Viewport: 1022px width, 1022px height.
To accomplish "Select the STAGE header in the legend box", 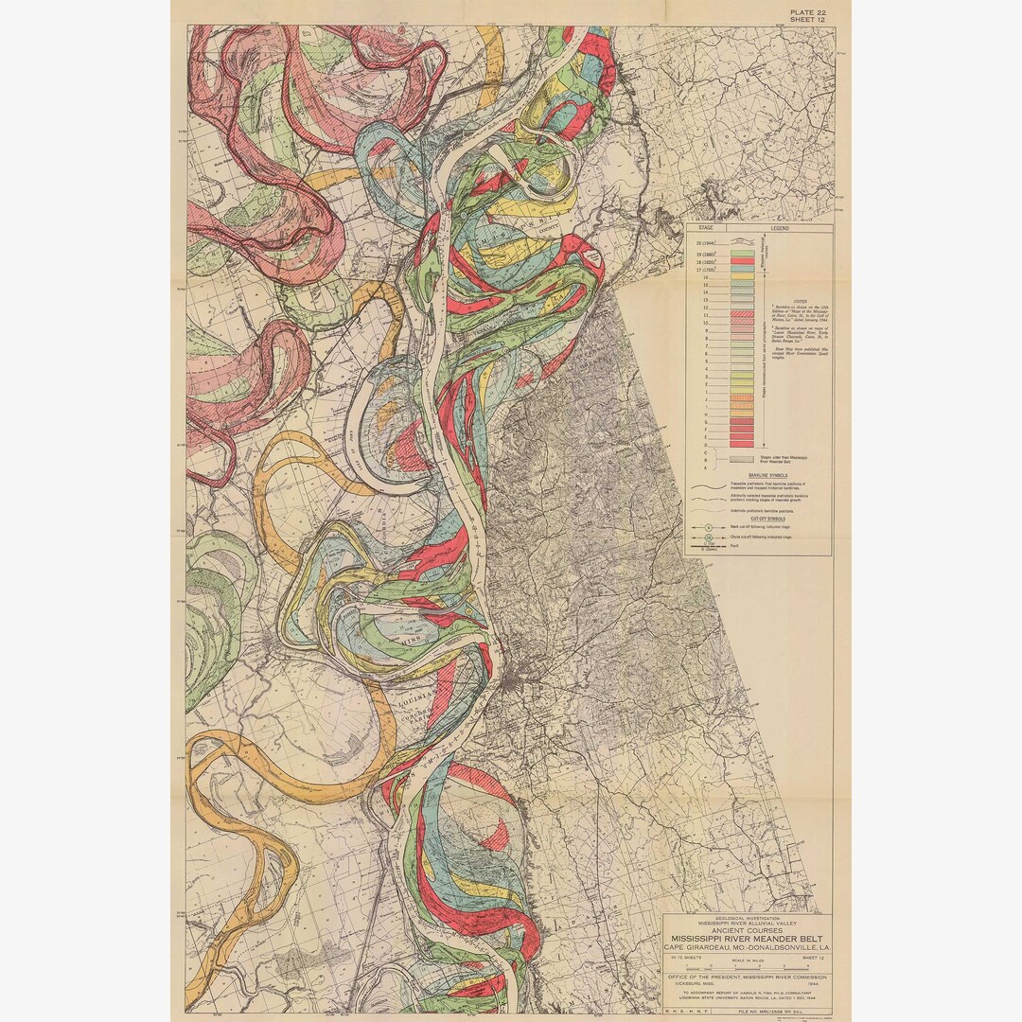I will (704, 228).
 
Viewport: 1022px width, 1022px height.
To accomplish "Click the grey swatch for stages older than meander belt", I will (741, 458).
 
